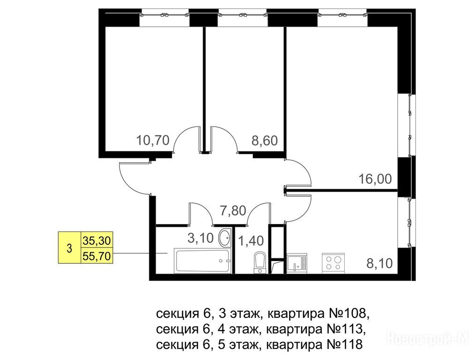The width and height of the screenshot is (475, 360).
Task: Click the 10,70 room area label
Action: (x=153, y=141)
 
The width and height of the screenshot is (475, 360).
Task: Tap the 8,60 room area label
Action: (x=265, y=141)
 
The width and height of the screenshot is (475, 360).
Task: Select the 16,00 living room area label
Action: (x=375, y=179)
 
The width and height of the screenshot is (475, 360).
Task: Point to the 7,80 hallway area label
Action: (x=233, y=210)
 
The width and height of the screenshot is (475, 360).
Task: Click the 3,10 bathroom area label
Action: (x=200, y=238)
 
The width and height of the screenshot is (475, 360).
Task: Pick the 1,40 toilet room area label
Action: (x=251, y=241)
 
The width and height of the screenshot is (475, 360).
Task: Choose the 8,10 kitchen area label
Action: (x=379, y=263)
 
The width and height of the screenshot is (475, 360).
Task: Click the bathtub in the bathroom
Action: (x=203, y=261)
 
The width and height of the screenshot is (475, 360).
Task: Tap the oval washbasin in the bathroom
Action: (x=225, y=238)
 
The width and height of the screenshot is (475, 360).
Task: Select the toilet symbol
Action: (x=260, y=262)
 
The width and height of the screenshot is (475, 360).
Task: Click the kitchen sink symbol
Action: (x=297, y=263)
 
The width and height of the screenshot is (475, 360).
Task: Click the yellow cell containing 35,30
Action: (x=97, y=240)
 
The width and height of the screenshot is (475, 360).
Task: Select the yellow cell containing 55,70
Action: (x=97, y=256)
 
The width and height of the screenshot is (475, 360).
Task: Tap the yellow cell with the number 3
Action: (x=70, y=248)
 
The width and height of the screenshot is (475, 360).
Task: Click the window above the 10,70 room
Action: (x=165, y=19)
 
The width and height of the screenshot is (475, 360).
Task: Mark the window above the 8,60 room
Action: (x=242, y=19)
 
